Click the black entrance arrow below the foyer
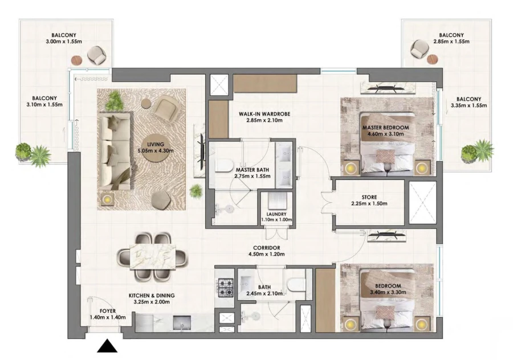coord(108,346)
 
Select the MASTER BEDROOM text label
coord(383,128)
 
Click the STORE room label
coord(368,198)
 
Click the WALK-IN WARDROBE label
coord(264,114)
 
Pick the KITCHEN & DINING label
coord(151,296)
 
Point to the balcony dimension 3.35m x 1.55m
coord(469,106)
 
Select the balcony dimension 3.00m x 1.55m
coord(64,42)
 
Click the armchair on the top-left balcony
coord(96,55)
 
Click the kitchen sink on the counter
coord(182,323)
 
